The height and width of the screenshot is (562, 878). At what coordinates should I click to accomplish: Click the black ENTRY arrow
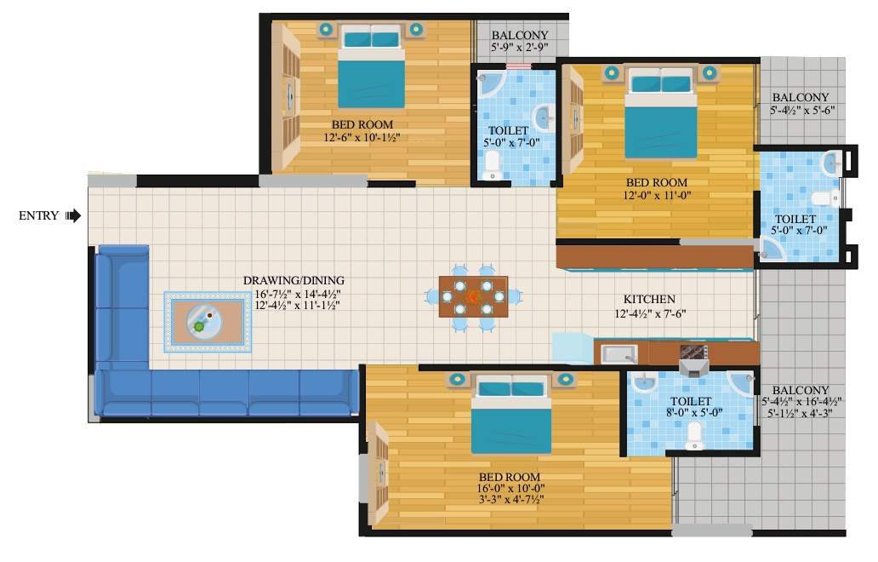(74, 215)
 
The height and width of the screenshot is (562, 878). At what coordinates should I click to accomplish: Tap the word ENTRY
(38, 216)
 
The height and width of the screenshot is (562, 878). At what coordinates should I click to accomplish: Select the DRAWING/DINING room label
(294, 280)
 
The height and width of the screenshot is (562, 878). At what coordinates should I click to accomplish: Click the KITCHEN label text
(649, 300)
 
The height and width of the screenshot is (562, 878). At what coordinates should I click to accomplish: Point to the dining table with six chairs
(473, 296)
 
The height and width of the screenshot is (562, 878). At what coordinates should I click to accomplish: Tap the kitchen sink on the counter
(619, 353)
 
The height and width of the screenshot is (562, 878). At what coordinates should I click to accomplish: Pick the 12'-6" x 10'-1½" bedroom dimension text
(362, 137)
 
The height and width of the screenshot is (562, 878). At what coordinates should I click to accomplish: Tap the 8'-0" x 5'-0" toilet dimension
(690, 414)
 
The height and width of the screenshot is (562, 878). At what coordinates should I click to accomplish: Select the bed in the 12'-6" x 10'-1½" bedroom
(371, 68)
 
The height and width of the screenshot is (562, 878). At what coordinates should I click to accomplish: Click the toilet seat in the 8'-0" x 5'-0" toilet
(694, 436)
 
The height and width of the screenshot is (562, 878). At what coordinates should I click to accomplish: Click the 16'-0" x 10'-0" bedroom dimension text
(510, 488)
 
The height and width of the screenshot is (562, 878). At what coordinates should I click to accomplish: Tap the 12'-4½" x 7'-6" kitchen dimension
(649, 313)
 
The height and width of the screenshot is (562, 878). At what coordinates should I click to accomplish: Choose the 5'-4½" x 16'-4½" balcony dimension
(801, 402)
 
